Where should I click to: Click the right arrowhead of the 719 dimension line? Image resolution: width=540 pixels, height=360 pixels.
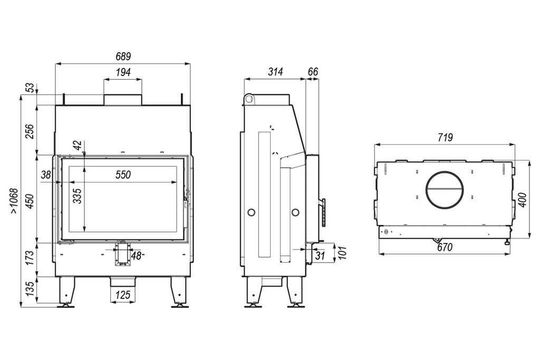pyautogui.click(x=513, y=145)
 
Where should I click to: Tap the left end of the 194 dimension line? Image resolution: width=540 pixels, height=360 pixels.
pyautogui.click(x=104, y=80)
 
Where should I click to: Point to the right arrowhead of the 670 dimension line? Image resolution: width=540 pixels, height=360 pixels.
pyautogui.click(x=507, y=255)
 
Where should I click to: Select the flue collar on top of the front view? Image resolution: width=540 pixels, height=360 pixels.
pyautogui.click(x=122, y=100)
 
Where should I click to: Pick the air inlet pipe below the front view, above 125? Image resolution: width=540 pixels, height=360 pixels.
pyautogui.click(x=123, y=281)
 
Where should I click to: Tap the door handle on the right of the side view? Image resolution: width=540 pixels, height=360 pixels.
pyautogui.click(x=323, y=212)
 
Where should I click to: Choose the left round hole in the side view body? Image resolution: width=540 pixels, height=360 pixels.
pyautogui.click(x=252, y=212)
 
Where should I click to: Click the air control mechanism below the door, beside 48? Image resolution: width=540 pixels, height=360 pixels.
pyautogui.click(x=122, y=254)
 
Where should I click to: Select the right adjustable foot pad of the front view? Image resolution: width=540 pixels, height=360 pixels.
pyautogui.click(x=179, y=305)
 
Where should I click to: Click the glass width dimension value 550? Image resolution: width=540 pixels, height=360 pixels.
pyautogui.click(x=123, y=175)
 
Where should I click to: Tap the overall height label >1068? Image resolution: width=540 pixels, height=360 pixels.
pyautogui.click(x=14, y=201)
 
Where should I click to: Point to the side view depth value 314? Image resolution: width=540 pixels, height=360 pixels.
pyautogui.click(x=275, y=72)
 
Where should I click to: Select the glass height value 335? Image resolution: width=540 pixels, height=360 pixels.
pyautogui.click(x=78, y=196)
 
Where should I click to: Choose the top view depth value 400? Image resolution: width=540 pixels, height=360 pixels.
pyautogui.click(x=523, y=200)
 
